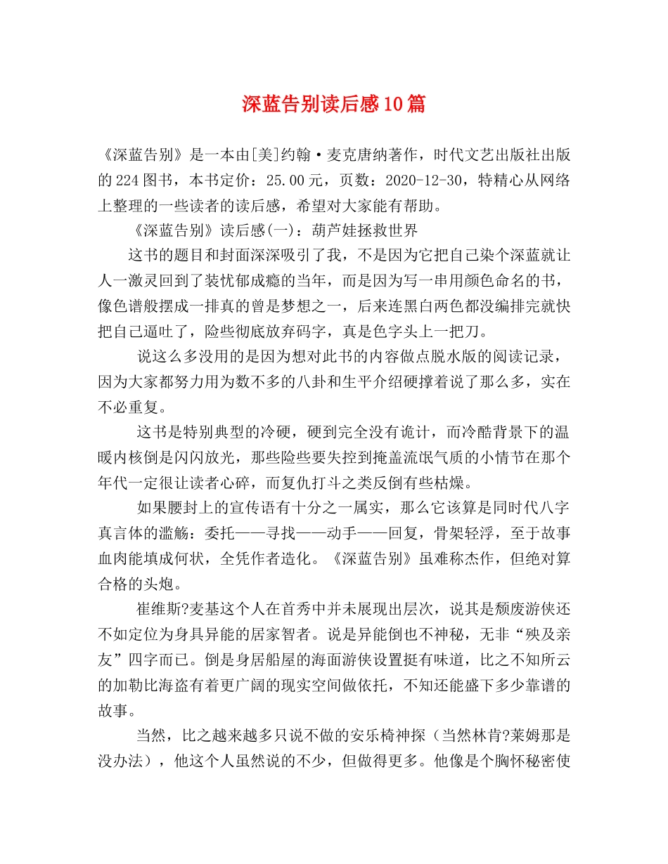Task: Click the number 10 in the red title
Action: [x=394, y=105]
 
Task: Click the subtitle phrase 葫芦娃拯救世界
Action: [x=365, y=230]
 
